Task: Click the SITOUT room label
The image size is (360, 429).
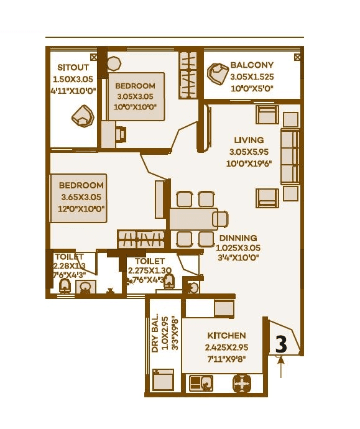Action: click(70, 67)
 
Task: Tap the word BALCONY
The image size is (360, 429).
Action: click(252, 65)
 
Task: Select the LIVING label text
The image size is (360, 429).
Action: click(249, 140)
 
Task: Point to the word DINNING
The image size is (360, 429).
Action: click(239, 238)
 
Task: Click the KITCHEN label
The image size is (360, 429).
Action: click(226, 335)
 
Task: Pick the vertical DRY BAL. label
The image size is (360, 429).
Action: click(155, 333)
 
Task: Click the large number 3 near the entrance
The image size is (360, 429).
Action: click(281, 343)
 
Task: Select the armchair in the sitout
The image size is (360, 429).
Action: click(82, 116)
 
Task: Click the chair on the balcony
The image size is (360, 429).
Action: click(218, 75)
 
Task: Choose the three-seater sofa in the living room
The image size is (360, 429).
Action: click(290, 156)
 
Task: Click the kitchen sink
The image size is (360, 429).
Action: click(204, 383)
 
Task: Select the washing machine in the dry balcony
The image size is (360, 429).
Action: click(164, 380)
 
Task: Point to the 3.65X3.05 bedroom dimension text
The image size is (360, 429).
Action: click(81, 197)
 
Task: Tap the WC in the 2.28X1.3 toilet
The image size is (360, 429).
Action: click(63, 287)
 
